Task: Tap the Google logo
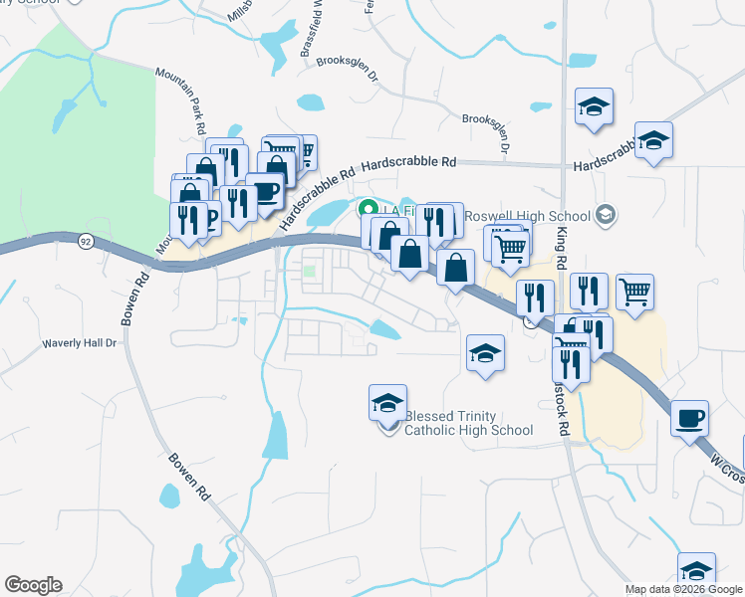[x=33, y=585]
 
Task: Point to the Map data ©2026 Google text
[x=683, y=589]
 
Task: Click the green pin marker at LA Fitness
[x=367, y=210]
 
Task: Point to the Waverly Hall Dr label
[x=79, y=343]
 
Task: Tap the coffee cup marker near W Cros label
[x=689, y=418]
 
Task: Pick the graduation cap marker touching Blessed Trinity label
[x=387, y=403]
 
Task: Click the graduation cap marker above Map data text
[x=696, y=571]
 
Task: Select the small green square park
[x=310, y=270]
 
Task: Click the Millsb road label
[x=245, y=11]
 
